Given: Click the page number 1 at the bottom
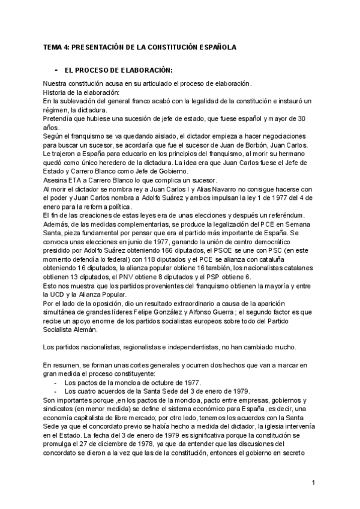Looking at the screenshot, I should (313, 482).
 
